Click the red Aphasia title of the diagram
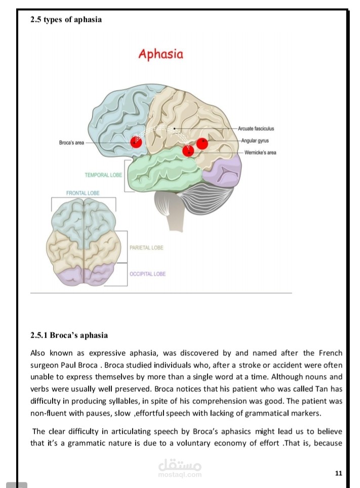(x=161, y=54)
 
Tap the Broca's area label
(x=71, y=143)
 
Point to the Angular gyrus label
(x=255, y=141)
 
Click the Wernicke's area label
(x=260, y=152)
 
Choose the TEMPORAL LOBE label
(x=103, y=175)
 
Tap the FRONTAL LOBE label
(x=83, y=193)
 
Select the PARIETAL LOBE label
(x=146, y=248)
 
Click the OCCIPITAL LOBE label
(x=147, y=274)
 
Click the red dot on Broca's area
(x=136, y=142)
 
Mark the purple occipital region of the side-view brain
(x=223, y=173)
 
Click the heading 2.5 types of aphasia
(x=66, y=20)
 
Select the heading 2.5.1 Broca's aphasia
(x=69, y=335)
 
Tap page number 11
(x=339, y=473)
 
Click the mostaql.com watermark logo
(x=180, y=468)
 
